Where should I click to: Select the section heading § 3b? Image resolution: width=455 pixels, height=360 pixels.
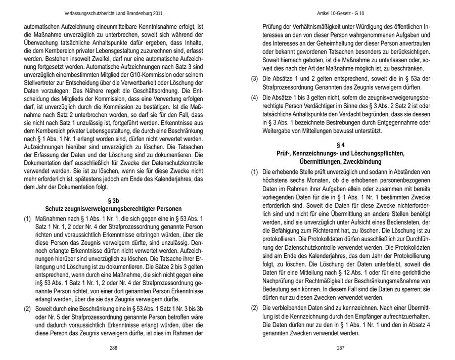click(113, 201)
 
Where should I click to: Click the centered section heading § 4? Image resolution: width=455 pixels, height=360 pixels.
click(340, 145)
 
